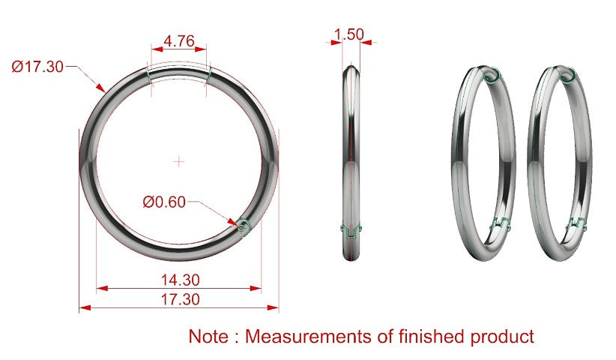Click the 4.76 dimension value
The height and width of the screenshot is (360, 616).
coord(179,40)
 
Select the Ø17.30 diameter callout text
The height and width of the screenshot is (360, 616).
coord(37,67)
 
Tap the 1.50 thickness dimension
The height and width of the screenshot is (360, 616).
coord(349,34)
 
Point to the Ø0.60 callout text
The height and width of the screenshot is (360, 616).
coord(164,202)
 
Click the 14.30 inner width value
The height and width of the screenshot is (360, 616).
coord(181,280)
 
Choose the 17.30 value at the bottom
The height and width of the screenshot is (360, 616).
coord(181,299)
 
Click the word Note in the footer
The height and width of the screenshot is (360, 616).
coord(208,337)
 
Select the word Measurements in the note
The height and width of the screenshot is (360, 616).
coord(309,337)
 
